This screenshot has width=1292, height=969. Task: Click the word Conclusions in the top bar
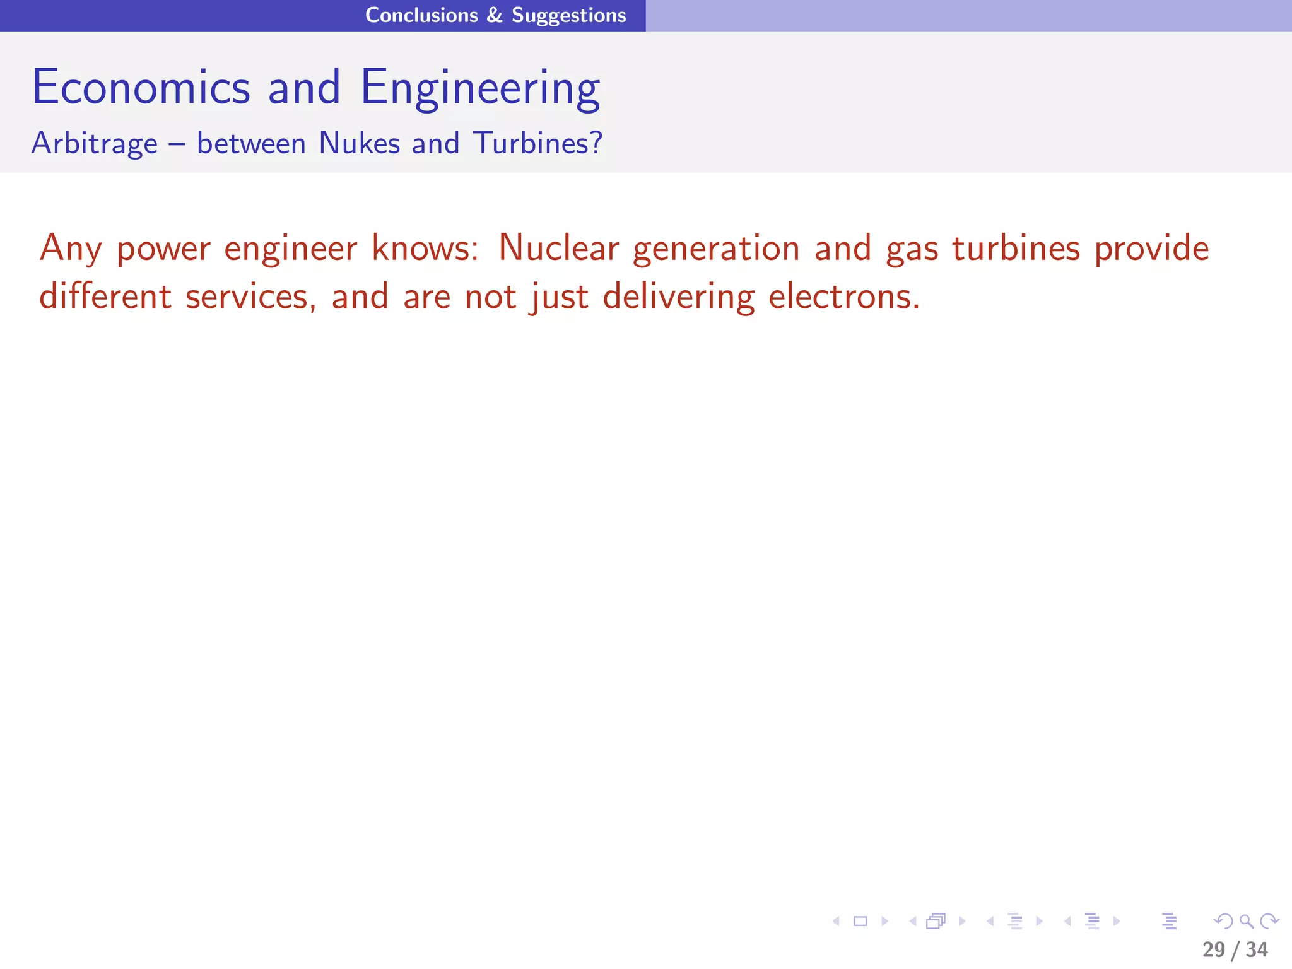(x=421, y=15)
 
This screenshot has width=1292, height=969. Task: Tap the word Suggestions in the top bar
(x=568, y=15)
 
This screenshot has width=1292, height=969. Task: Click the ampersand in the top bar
(x=495, y=15)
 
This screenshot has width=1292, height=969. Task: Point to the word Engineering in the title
(x=480, y=88)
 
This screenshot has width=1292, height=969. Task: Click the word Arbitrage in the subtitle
(x=95, y=143)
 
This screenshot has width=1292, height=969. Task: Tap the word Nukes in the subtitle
(x=359, y=143)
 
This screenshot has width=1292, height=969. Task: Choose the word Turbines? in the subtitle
(x=537, y=143)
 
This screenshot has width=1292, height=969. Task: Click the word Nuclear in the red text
(x=558, y=248)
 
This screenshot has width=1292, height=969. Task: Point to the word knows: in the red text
(x=425, y=248)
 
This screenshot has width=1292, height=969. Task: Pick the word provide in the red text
(x=1151, y=248)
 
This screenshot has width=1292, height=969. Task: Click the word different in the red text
(x=105, y=296)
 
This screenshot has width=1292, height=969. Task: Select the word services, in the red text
(x=251, y=297)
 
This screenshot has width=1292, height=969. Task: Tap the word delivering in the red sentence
(x=679, y=297)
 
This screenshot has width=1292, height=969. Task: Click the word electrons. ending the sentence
(x=844, y=296)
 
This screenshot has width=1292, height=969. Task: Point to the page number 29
(x=1214, y=949)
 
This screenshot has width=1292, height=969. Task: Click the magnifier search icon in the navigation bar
(x=1246, y=922)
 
